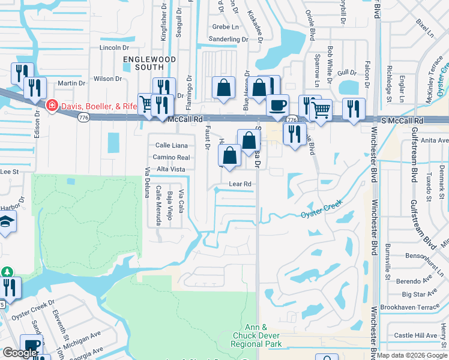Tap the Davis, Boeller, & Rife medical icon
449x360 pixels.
click(x=52, y=106)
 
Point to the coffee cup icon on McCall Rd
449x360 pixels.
click(x=277, y=105)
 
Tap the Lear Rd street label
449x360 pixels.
click(x=238, y=184)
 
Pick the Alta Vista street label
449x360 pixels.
click(x=170, y=169)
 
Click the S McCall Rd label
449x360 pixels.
click(x=402, y=121)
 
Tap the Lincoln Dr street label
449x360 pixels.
click(x=115, y=47)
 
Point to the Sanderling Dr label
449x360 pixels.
click(x=228, y=39)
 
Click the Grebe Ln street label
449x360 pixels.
click(x=226, y=26)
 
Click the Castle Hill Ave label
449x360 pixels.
click(x=416, y=335)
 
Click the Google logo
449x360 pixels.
click(x=20, y=353)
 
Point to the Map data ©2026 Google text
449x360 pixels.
click(x=411, y=355)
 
